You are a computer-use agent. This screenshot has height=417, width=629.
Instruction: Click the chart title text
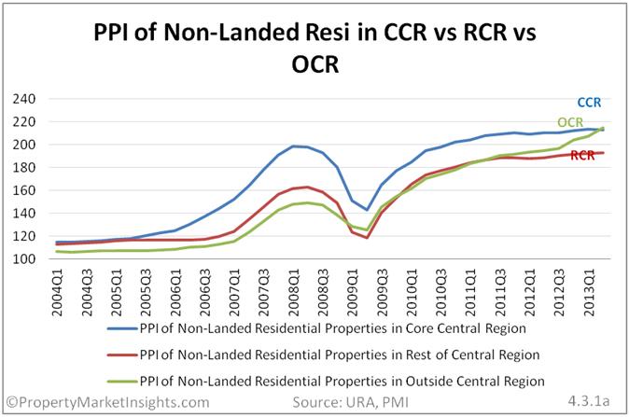(x=314, y=48)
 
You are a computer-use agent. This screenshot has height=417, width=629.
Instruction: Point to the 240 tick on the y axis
(x=24, y=99)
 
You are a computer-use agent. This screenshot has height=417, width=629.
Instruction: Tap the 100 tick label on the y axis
(x=24, y=259)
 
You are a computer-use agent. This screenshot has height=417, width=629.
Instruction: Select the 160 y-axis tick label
(x=24, y=190)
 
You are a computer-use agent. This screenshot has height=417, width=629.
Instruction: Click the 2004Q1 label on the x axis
(x=58, y=292)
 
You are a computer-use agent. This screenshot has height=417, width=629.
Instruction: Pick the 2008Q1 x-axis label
(x=294, y=292)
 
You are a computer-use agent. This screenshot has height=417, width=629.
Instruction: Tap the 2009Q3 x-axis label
(x=383, y=292)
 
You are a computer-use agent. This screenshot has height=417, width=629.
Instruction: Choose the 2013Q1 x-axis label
(x=589, y=292)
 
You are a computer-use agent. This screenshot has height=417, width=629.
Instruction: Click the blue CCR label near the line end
(x=589, y=103)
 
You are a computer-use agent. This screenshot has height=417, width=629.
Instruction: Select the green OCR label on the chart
(x=570, y=122)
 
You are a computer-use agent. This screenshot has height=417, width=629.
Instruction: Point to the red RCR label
(x=582, y=156)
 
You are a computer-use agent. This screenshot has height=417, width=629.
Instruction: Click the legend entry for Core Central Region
(x=317, y=328)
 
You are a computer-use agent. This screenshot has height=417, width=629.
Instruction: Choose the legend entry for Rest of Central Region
(x=323, y=354)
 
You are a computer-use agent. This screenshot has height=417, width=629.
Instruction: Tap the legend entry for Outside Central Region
(x=326, y=381)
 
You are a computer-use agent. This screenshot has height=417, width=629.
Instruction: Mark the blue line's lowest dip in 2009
(x=367, y=210)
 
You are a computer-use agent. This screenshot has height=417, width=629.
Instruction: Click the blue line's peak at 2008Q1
(x=294, y=146)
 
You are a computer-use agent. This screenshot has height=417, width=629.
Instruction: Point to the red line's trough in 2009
(x=367, y=238)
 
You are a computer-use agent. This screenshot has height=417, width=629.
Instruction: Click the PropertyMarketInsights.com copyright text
(x=108, y=402)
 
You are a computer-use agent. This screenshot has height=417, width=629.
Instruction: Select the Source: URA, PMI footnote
(x=350, y=402)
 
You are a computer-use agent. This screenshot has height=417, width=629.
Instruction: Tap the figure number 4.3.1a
(x=589, y=401)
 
